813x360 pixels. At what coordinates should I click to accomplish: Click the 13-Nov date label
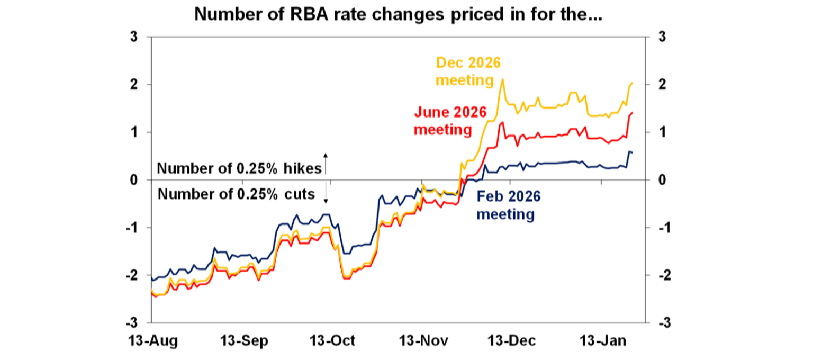click(x=422, y=340)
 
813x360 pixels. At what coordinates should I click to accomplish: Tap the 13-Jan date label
click(x=601, y=340)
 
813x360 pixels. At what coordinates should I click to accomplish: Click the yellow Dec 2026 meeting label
click(x=467, y=71)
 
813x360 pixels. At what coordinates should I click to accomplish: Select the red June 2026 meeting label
click(x=442, y=121)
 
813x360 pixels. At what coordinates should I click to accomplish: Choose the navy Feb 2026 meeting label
click(x=508, y=205)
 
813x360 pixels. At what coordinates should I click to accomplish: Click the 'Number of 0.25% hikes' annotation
click(x=239, y=168)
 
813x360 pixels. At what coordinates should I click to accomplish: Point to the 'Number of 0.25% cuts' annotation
click(x=236, y=194)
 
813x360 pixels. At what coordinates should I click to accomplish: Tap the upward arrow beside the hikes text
click(x=326, y=163)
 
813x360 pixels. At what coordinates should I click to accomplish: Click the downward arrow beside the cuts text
click(x=326, y=194)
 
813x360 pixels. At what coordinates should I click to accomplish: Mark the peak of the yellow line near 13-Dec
click(x=502, y=79)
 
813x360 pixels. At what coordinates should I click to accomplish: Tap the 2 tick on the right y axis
click(x=662, y=85)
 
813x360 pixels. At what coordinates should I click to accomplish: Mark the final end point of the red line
click(x=633, y=112)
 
